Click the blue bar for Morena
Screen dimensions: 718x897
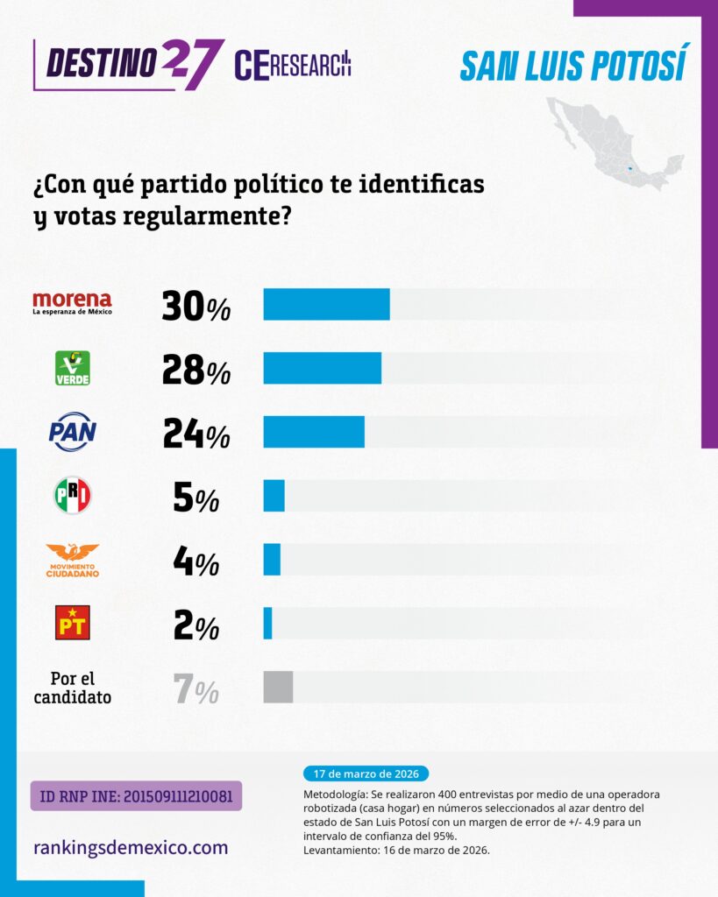(x=326, y=304)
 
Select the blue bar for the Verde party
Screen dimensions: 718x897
(x=323, y=368)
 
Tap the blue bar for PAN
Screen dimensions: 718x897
(x=314, y=432)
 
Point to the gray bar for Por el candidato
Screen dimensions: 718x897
(x=278, y=687)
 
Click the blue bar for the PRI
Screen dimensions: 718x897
(x=274, y=496)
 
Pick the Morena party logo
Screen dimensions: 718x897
(x=72, y=303)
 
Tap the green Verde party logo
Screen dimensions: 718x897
(x=72, y=368)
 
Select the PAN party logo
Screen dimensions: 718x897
(x=72, y=432)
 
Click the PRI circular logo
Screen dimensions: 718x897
(x=73, y=496)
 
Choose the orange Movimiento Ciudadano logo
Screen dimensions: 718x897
(x=72, y=560)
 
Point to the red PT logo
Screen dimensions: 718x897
(x=72, y=623)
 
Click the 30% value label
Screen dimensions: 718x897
(x=195, y=306)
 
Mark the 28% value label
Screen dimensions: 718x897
(x=196, y=370)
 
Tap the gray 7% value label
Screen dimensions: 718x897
(x=195, y=689)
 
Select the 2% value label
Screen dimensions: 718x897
(x=196, y=625)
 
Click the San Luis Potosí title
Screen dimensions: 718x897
(x=573, y=64)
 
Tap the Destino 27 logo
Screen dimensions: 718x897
(x=129, y=64)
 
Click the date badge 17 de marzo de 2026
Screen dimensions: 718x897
(x=366, y=774)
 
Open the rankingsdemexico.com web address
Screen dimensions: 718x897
(x=131, y=847)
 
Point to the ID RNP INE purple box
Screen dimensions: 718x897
(x=136, y=795)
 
